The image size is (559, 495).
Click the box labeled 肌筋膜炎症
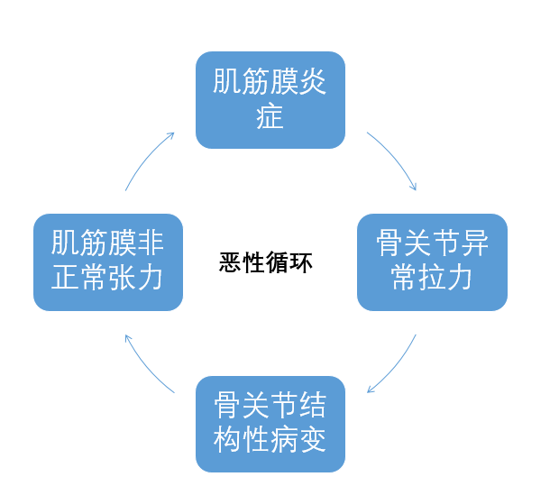(x=270, y=99)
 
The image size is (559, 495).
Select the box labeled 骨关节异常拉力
(x=432, y=261)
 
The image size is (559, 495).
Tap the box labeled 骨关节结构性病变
(x=270, y=423)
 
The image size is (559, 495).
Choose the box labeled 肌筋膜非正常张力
(x=108, y=261)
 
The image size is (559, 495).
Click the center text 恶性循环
(x=266, y=263)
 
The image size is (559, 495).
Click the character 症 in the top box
(x=270, y=116)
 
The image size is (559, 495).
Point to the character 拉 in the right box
(x=432, y=279)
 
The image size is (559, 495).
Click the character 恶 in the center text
(x=231, y=263)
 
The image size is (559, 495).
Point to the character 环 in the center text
(x=301, y=263)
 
